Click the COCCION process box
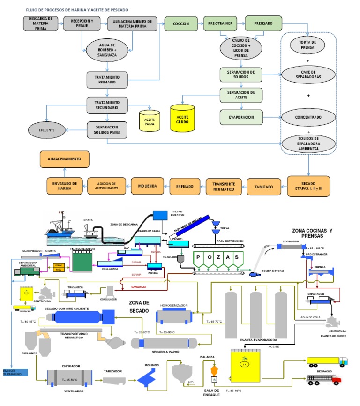[x=181, y=23]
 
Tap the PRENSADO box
[x=263, y=23]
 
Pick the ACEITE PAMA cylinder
[x=150, y=120]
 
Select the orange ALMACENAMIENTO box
[x=64, y=159]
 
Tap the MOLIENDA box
[x=147, y=186]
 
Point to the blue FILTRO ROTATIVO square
[x=160, y=215]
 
